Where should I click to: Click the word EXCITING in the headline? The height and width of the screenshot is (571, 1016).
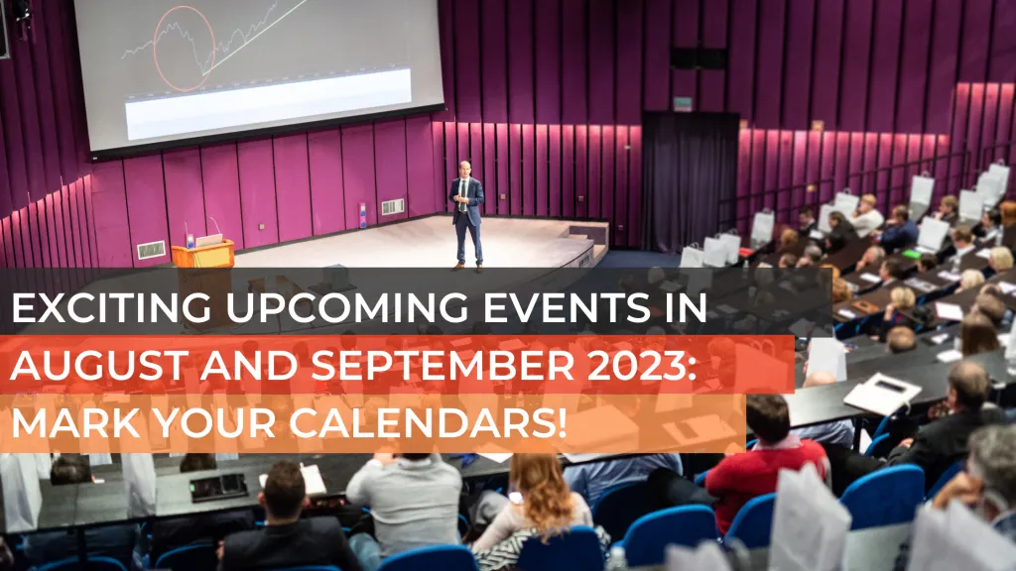tap(111, 307)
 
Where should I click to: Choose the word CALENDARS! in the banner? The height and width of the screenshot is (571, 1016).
tap(428, 422)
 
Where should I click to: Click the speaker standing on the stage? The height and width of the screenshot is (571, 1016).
tap(466, 214)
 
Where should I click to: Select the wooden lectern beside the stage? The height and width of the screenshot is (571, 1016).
tap(202, 253)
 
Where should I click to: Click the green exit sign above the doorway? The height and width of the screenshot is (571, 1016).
tap(683, 103)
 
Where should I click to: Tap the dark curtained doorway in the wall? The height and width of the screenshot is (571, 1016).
tap(691, 181)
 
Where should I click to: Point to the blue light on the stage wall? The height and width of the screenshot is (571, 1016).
tap(362, 215)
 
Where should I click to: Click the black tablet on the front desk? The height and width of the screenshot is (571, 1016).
tap(219, 487)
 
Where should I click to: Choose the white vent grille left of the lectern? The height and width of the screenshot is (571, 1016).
tap(151, 250)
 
